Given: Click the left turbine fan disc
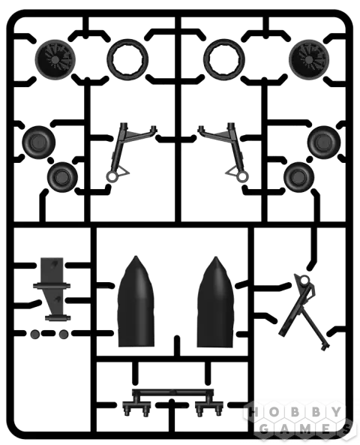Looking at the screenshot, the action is pyautogui.click(x=55, y=59).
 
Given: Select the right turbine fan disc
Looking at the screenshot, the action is pyautogui.click(x=309, y=59).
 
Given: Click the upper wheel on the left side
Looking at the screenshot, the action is pyautogui.click(x=39, y=143).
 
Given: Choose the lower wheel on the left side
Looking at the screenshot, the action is pyautogui.click(x=62, y=177).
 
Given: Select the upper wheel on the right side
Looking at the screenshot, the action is pyautogui.click(x=324, y=143).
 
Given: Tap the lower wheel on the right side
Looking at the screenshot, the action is pyautogui.click(x=298, y=177).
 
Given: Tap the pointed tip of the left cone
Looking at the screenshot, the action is pyautogui.click(x=136, y=256).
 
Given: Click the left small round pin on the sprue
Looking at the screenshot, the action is pyautogui.click(x=35, y=334).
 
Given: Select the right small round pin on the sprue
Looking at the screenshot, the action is pyautogui.click(x=64, y=334).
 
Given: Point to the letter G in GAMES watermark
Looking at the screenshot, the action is pyautogui.click(x=265, y=428).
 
